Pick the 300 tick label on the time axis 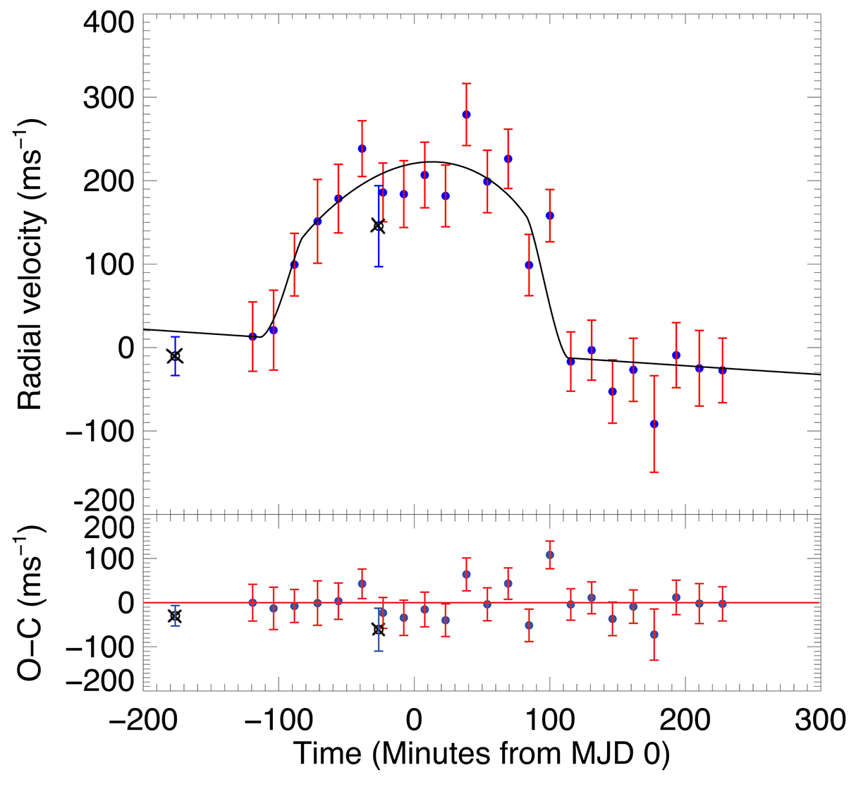pyautogui.click(x=819, y=721)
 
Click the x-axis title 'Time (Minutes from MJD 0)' pyautogui.click(x=482, y=754)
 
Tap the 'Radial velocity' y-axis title pyautogui.click(x=32, y=264)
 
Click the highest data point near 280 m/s pyautogui.click(x=466, y=114)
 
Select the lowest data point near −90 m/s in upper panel pyautogui.click(x=654, y=424)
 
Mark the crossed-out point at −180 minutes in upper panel pyautogui.click(x=176, y=356)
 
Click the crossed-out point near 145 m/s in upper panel pyautogui.click(x=378, y=226)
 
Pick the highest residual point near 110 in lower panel pyautogui.click(x=550, y=555)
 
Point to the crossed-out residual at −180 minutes pyautogui.click(x=176, y=616)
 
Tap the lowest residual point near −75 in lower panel pyautogui.click(x=654, y=635)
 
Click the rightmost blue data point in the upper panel pyautogui.click(x=722, y=370)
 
